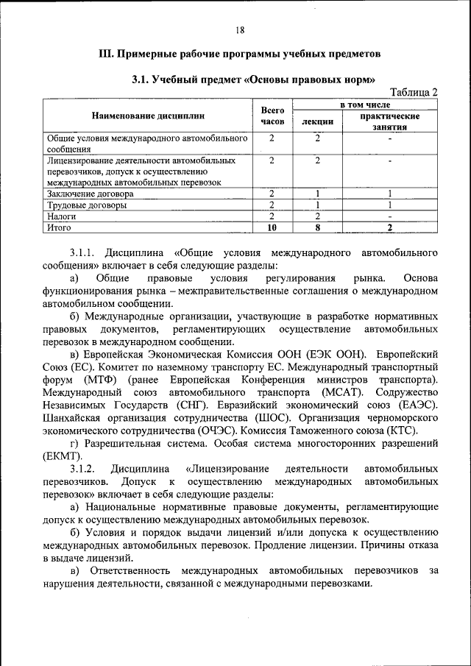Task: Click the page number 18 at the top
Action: click(x=240, y=30)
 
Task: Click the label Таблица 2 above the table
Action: click(x=414, y=92)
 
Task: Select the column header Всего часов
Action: click(x=272, y=116)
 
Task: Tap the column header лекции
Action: click(x=318, y=121)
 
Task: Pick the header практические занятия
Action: click(x=390, y=121)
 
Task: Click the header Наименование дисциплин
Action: click(x=148, y=116)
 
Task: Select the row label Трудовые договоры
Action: click(x=86, y=205)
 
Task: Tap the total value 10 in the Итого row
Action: click(x=272, y=228)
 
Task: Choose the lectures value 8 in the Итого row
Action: click(x=317, y=228)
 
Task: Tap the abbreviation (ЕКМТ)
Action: click(x=64, y=456)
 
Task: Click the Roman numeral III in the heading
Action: click(x=105, y=54)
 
